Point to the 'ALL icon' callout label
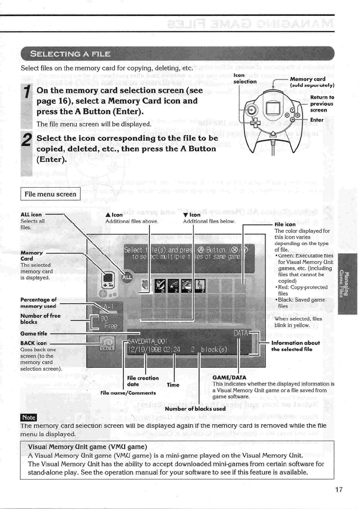(x=31, y=214)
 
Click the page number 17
(x=339, y=490)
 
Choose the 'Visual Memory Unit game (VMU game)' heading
(x=88, y=447)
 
